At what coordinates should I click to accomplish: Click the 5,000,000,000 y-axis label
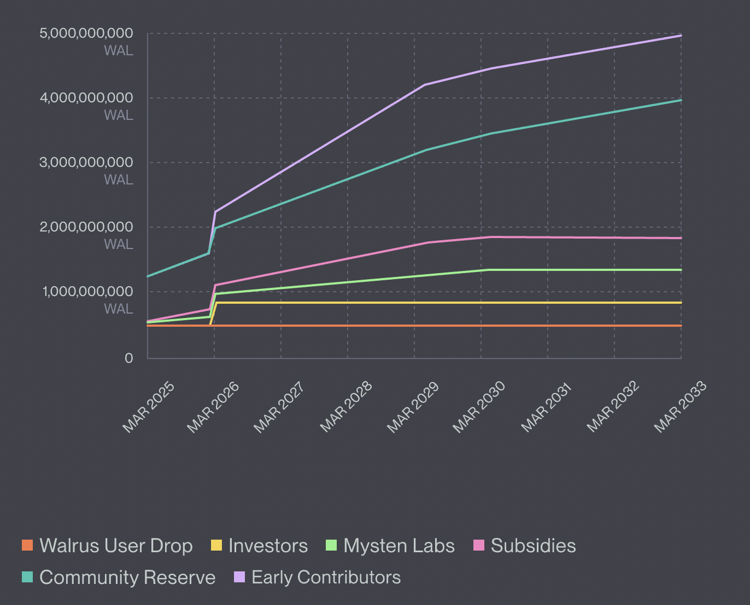pyautogui.click(x=86, y=33)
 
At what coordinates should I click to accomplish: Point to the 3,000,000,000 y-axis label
pyautogui.click(x=86, y=162)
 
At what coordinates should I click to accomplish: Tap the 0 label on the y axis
pyautogui.click(x=129, y=358)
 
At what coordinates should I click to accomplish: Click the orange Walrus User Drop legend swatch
pyautogui.click(x=27, y=545)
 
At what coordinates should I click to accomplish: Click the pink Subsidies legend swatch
pyautogui.click(x=479, y=545)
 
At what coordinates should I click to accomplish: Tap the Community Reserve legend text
pyautogui.click(x=127, y=577)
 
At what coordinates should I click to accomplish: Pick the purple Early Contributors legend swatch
pyautogui.click(x=239, y=577)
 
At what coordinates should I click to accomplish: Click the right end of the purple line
pyautogui.click(x=681, y=36)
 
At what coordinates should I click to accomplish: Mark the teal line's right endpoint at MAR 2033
pyautogui.click(x=681, y=100)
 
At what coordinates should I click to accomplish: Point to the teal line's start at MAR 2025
pyautogui.click(x=148, y=276)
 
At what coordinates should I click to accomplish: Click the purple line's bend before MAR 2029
pyautogui.click(x=425, y=85)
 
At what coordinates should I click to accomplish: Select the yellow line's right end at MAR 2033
pyautogui.click(x=681, y=302)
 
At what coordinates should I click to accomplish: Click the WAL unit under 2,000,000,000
pyautogui.click(x=118, y=244)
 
